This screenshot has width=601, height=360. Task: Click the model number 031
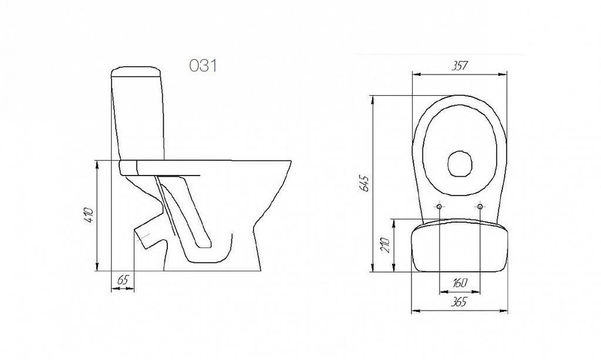[203, 66]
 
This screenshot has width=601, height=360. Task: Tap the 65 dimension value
[122, 280]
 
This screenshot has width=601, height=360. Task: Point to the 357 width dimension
[459, 66]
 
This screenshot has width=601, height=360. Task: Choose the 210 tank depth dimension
[386, 245]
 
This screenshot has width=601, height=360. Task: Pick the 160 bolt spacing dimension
[460, 283]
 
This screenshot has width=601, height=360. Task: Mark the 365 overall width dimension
[459, 302]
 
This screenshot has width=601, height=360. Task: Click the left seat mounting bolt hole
[439, 207]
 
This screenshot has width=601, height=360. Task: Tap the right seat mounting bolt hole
[480, 207]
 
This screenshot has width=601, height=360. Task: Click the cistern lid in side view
[136, 72]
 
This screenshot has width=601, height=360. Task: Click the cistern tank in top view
[459, 245]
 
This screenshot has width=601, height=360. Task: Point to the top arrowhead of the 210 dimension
[394, 223]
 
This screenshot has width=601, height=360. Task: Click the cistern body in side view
[138, 119]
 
